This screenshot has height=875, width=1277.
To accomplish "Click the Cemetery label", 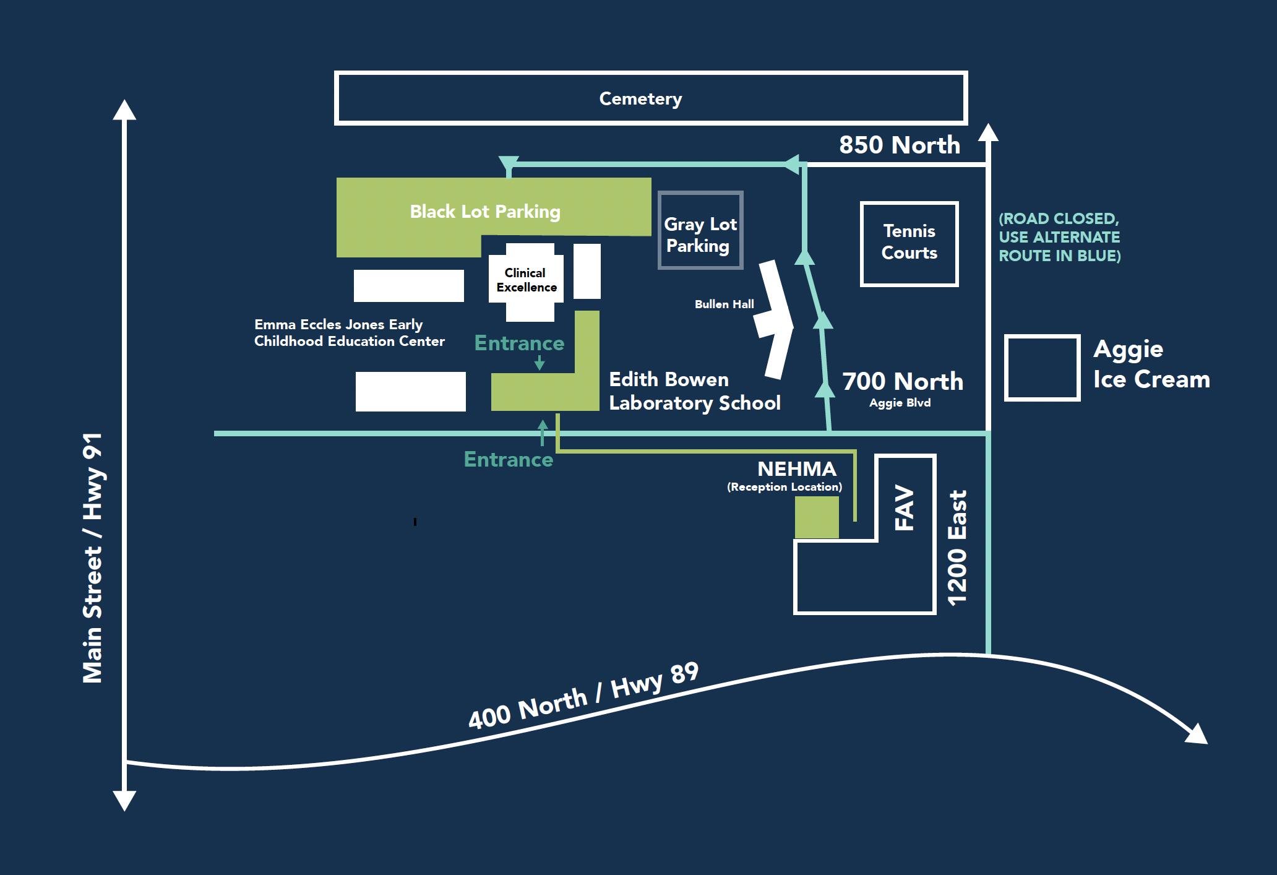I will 640,99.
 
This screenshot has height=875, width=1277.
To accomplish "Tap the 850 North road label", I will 899,145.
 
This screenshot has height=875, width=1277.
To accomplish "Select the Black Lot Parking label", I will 484,212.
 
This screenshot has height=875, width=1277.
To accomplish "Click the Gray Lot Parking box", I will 700,231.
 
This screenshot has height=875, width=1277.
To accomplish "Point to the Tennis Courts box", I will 909,243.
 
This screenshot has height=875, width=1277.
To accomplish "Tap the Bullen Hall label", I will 724,304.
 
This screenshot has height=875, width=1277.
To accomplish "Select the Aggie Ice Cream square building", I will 1042,368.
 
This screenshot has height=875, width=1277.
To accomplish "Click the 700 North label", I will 902,381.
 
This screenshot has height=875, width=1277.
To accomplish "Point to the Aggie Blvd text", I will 900,403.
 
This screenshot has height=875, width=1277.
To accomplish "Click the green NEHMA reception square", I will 817,517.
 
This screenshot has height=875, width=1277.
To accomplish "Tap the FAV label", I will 905,507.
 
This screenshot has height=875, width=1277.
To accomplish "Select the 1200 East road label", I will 957,548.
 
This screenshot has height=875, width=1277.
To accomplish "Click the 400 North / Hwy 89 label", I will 583,696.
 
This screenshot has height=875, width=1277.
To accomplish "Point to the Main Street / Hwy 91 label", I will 93,557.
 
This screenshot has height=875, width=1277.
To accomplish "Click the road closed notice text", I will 1059,237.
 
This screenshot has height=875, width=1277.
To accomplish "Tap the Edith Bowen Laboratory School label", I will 694,391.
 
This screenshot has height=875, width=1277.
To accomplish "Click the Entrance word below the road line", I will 508,460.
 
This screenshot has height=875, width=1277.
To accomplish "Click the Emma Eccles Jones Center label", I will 349,333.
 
